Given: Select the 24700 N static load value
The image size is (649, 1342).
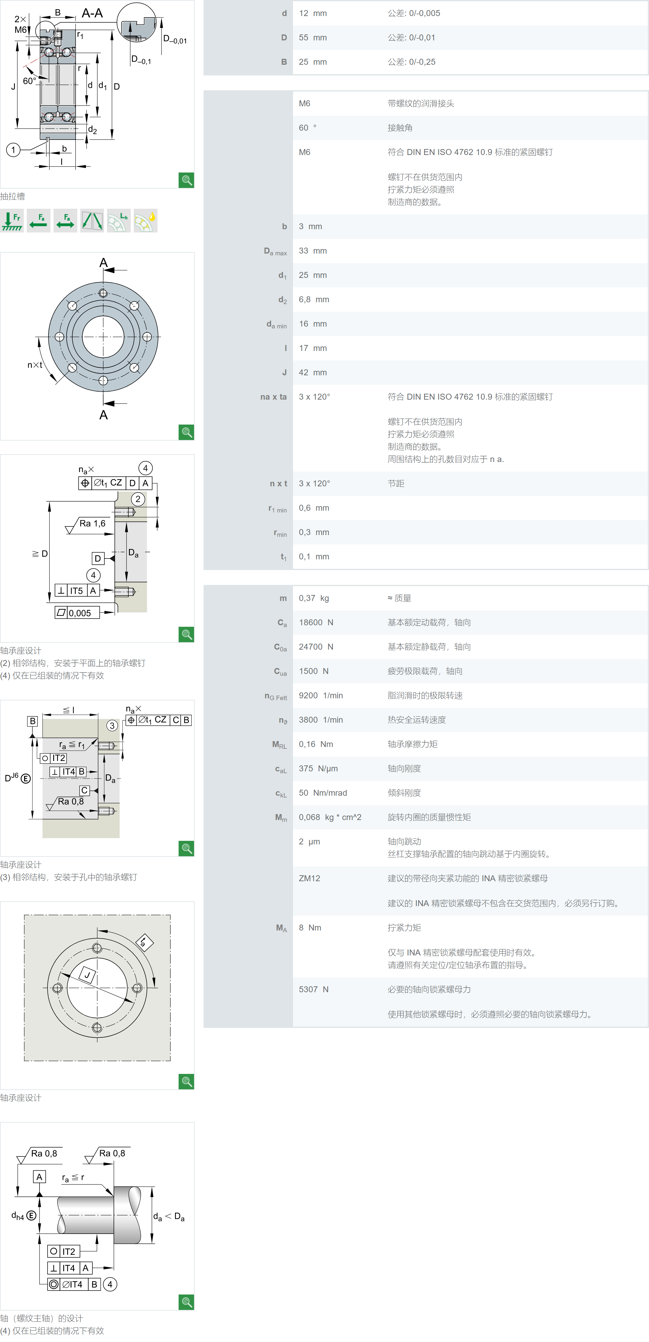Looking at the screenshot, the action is (316, 647).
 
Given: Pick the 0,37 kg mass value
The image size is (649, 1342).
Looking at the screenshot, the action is (314, 598).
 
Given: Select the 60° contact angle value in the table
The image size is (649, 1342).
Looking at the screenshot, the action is (308, 128).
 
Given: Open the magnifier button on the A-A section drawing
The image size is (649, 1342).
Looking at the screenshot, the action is (186, 180).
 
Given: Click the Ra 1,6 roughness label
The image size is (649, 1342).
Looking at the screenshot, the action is (92, 523).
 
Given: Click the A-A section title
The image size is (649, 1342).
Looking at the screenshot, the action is (92, 13).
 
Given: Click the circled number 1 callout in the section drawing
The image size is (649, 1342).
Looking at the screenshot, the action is (13, 150).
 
